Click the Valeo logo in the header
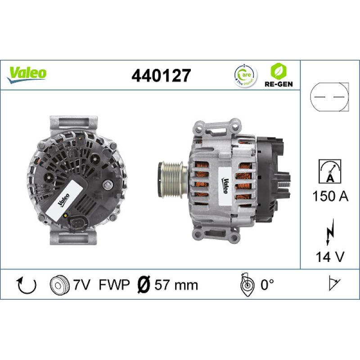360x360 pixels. click(x=27, y=73)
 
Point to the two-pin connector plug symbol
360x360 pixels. click(x=330, y=97)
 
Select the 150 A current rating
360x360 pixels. click(x=330, y=196)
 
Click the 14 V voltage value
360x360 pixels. click(x=330, y=257)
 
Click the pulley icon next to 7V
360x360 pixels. click(x=57, y=285)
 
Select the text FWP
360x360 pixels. click(x=114, y=285)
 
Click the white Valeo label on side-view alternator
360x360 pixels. click(x=225, y=182)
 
